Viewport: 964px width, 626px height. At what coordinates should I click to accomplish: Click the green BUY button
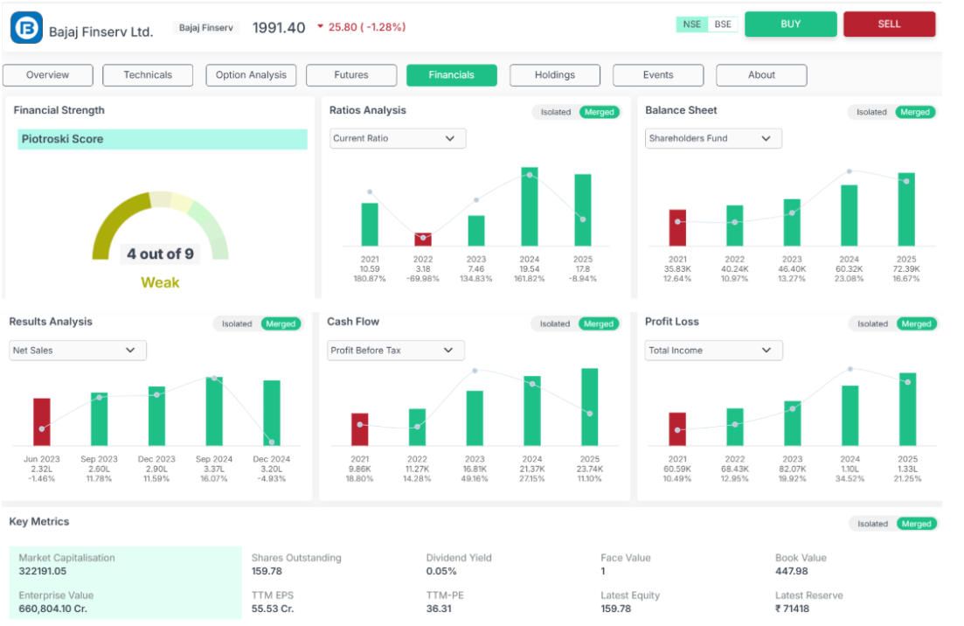[790, 24]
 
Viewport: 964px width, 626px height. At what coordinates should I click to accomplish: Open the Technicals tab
[148, 75]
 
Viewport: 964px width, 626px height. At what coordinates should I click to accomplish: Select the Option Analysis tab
[251, 75]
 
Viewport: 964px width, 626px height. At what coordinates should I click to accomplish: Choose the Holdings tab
[555, 75]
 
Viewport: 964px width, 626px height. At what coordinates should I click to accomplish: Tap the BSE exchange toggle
[723, 24]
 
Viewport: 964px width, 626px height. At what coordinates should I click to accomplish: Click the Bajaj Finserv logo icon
[26, 27]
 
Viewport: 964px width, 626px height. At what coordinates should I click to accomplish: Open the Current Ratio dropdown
[398, 138]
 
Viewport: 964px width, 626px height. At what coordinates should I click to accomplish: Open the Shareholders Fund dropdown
[713, 138]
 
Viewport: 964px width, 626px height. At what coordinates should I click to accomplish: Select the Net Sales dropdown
[78, 351]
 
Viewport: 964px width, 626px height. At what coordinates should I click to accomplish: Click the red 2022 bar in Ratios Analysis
[423, 239]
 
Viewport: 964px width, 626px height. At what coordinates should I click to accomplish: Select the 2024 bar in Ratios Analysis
[530, 206]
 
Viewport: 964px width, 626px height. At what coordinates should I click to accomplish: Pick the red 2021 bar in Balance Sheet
[677, 227]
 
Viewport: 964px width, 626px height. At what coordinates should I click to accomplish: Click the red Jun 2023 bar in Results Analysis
[42, 422]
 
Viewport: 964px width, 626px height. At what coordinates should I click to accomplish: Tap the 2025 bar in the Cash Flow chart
[590, 407]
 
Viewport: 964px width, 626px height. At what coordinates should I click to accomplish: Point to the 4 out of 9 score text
[160, 254]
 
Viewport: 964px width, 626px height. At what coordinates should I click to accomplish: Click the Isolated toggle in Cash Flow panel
[554, 323]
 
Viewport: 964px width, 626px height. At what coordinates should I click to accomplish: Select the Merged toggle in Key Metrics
[916, 524]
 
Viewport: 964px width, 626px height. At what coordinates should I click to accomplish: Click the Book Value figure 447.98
[791, 571]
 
